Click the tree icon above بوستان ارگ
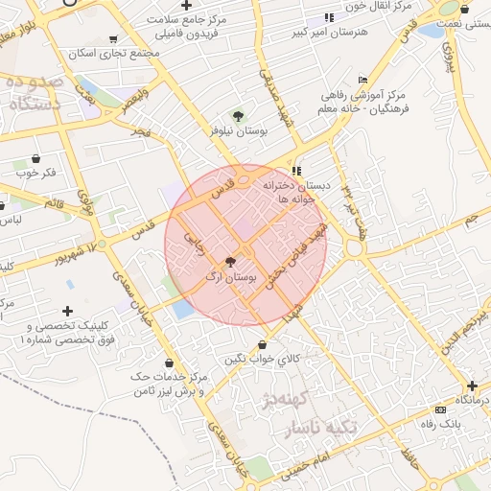230,261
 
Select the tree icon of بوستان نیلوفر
238,116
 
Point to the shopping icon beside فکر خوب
36,158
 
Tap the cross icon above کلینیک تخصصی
67,312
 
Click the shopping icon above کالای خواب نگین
261,343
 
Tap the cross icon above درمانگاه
472,385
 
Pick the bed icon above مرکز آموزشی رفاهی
362,80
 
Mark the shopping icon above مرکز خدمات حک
170,362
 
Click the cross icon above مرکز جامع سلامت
185,6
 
